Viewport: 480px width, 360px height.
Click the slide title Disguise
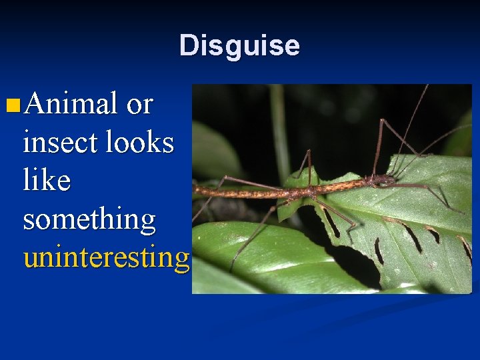coord(239,45)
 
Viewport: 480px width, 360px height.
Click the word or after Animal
coord(139,105)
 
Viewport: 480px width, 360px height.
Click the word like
coord(47,180)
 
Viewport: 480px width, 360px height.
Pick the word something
coord(89,219)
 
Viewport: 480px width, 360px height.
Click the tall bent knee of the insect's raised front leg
coord(382,121)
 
